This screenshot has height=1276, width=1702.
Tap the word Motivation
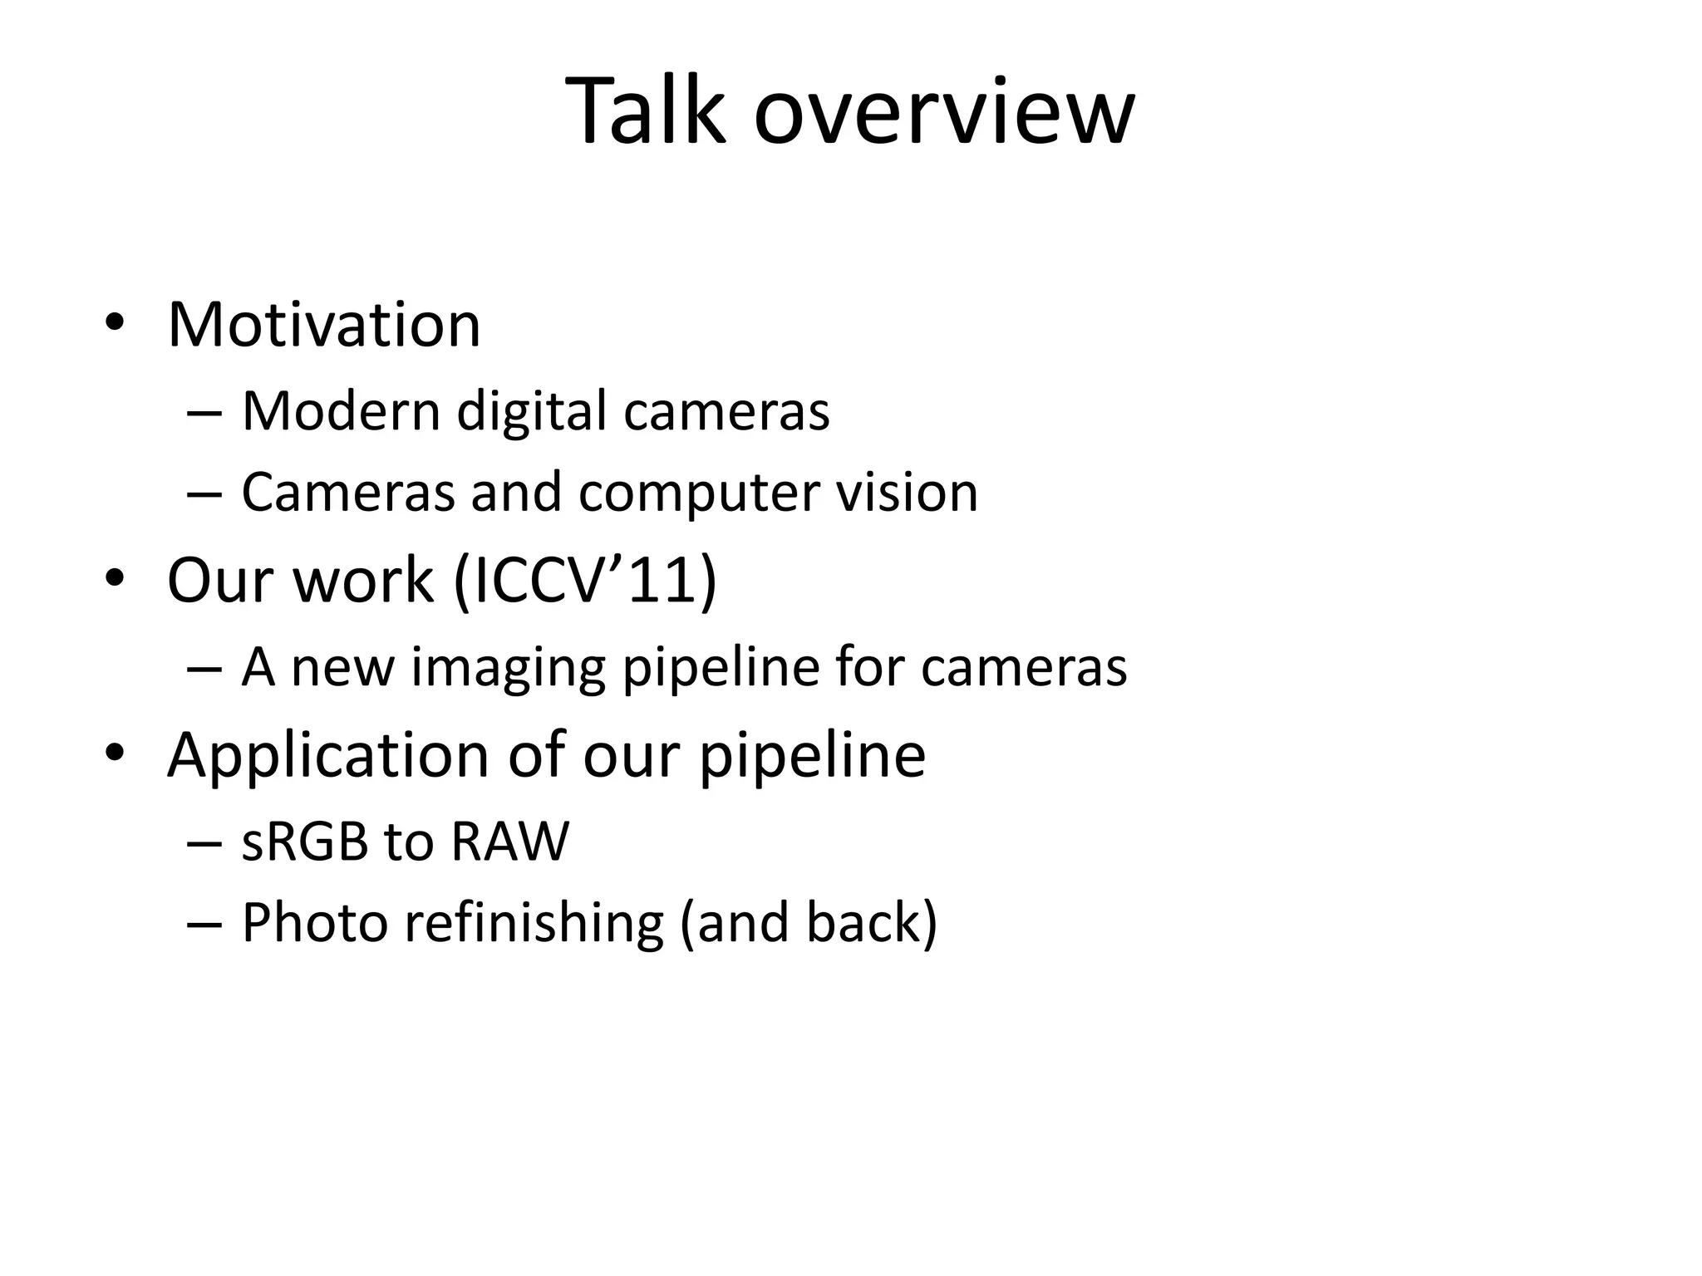(324, 324)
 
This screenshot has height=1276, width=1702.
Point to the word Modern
(341, 410)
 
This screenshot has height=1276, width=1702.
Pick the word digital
(532, 412)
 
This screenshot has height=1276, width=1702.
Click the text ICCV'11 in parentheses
(585, 580)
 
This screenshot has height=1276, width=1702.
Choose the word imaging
(508, 668)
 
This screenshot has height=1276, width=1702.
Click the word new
(342, 668)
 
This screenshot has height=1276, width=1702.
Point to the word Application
(328, 756)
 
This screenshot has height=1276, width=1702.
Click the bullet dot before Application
(114, 753)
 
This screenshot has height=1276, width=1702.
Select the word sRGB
(305, 841)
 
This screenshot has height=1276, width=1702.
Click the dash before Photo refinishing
(204, 925)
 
